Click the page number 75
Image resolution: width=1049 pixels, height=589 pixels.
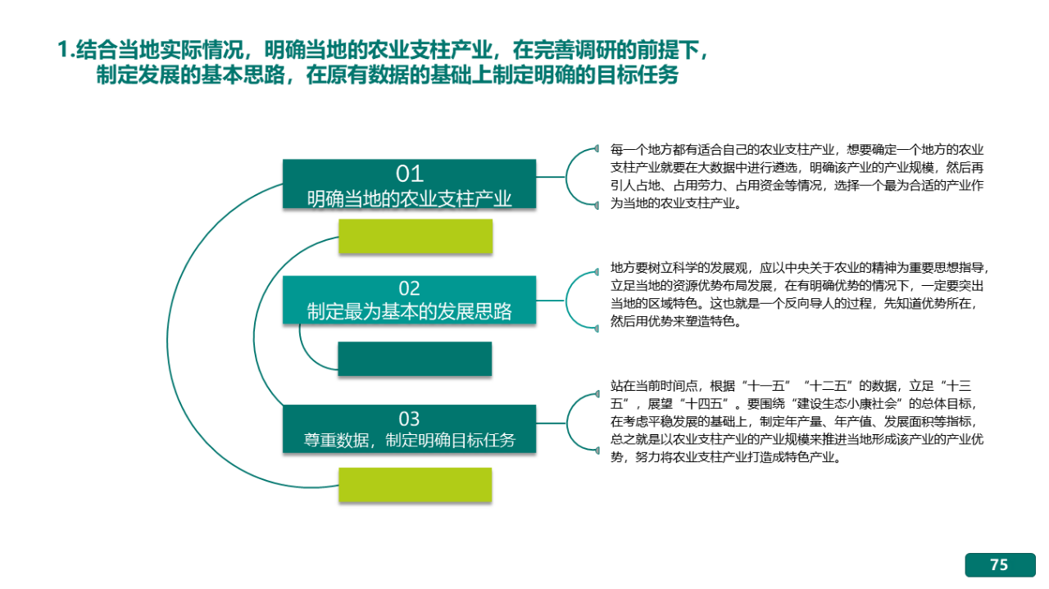tap(999, 564)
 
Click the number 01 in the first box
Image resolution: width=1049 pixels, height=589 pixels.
tap(409, 174)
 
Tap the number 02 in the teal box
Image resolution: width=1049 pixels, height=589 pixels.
tap(409, 288)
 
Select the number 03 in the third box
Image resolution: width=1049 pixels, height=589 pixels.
tap(409, 419)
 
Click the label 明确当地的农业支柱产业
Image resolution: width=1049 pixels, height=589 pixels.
tap(409, 198)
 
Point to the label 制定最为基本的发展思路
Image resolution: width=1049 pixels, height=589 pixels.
tap(409, 311)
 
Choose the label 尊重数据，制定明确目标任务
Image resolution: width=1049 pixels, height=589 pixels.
tap(409, 440)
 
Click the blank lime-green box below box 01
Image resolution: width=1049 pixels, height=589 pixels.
tap(416, 237)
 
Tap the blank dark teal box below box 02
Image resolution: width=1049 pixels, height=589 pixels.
tap(415, 359)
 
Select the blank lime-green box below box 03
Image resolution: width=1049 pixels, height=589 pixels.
tap(416, 485)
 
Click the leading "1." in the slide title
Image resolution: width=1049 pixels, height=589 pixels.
tap(66, 50)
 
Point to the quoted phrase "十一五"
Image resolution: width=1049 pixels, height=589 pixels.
tap(766, 387)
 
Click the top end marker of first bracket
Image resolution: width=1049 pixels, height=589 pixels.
tap(596, 148)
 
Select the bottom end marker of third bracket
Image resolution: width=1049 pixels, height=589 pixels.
tap(597, 451)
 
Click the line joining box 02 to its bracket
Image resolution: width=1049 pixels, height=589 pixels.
tap(551, 301)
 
